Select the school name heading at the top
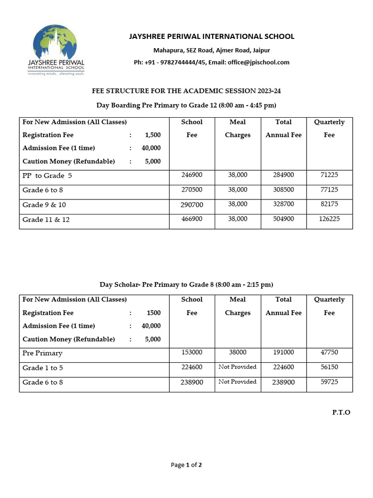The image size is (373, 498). [211, 36]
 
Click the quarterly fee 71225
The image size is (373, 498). [329, 175]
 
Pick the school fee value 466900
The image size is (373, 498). [192, 219]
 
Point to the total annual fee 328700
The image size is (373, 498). [284, 204]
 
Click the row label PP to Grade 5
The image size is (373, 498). [47, 176]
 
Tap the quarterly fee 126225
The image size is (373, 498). [329, 219]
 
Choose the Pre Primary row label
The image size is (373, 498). [42, 353]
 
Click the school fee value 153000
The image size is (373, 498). [192, 353]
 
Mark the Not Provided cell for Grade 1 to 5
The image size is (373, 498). [237, 367]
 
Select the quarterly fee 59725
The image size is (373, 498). [329, 382]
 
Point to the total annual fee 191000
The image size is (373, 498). [284, 353]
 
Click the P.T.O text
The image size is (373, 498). [341, 412]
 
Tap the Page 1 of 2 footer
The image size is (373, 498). [186, 465]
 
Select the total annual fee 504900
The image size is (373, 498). [284, 219]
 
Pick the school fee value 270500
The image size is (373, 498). [192, 190]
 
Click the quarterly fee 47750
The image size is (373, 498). [329, 353]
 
